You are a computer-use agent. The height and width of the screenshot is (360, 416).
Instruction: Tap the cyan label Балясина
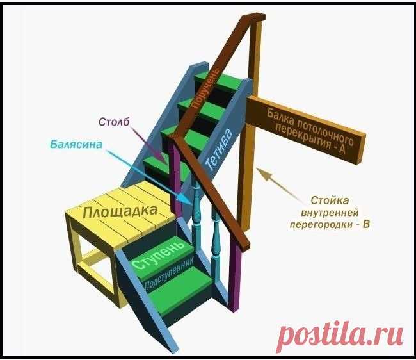point(76,145)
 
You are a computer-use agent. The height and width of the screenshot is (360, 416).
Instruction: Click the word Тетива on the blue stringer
point(214,154)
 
